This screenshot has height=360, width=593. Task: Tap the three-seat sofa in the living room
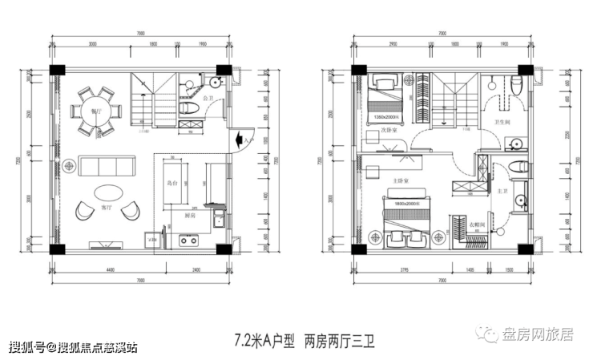pos(106,166)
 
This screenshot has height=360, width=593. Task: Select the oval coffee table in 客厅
pos(107,193)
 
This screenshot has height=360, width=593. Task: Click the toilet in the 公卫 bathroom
pos(189,108)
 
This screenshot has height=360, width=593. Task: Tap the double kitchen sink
pos(188,238)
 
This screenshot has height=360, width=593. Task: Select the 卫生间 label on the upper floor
pos(502,123)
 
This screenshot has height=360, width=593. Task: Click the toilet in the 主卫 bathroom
pos(518,166)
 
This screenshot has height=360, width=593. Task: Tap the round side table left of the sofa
pos(70,166)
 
